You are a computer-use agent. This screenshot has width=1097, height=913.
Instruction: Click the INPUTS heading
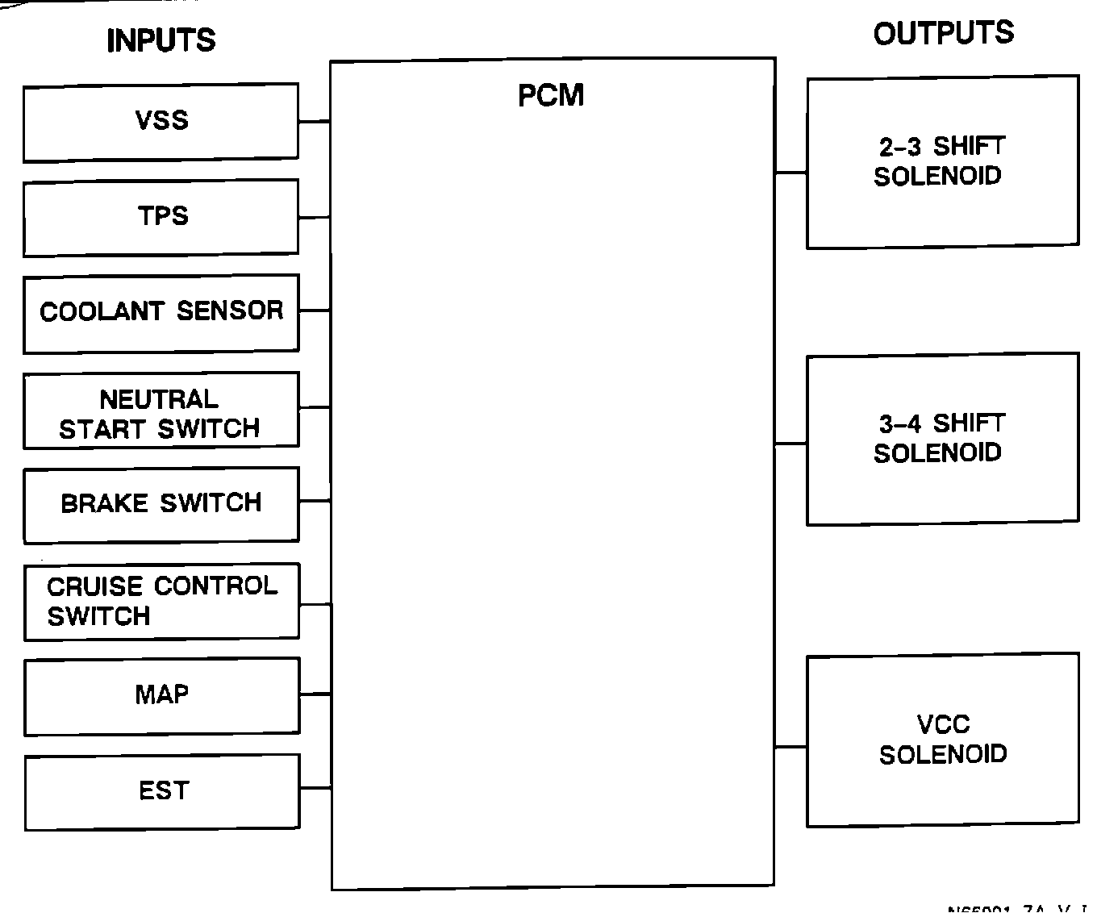(161, 40)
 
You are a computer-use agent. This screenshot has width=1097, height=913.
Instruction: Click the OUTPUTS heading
(943, 34)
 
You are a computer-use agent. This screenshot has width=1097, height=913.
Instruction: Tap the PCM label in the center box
(551, 96)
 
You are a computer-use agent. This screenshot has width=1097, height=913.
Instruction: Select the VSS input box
(161, 122)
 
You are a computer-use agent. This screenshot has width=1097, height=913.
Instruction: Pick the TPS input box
(161, 218)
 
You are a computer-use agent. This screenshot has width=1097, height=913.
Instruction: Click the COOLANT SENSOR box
(161, 313)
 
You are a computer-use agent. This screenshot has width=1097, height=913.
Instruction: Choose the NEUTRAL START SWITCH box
(161, 410)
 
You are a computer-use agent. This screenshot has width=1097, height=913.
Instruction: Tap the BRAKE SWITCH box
(161, 504)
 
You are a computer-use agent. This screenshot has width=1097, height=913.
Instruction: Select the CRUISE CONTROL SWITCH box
(161, 602)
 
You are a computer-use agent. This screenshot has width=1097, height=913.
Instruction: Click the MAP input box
(161, 696)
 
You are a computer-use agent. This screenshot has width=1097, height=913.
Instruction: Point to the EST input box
(162, 791)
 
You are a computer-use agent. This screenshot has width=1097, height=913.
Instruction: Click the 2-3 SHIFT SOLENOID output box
(942, 162)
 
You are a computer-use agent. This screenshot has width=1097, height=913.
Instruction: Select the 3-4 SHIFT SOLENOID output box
(942, 439)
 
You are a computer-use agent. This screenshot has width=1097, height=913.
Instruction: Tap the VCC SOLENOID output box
(942, 740)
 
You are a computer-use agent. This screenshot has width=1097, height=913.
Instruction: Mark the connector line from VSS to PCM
(314, 122)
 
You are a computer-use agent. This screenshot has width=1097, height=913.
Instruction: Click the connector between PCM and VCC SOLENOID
(790, 747)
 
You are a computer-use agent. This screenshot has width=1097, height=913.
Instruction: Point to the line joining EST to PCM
(315, 788)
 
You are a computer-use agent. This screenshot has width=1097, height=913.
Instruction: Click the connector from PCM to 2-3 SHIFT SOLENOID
(790, 173)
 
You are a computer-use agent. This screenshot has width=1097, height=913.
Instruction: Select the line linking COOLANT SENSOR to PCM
(314, 310)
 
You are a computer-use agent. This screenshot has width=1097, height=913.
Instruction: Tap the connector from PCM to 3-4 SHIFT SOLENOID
(790, 444)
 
